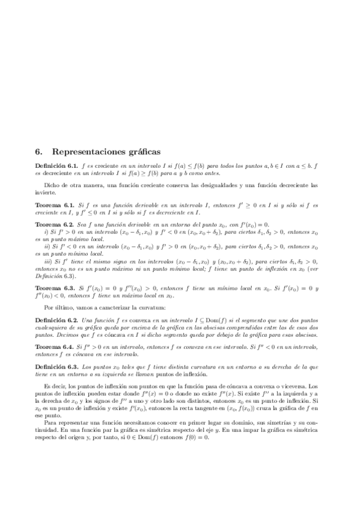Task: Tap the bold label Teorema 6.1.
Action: click(54, 205)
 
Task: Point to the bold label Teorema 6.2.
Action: click(54, 224)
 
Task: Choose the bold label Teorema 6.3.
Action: click(54, 289)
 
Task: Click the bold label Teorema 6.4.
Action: click(54, 347)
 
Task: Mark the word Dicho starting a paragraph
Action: click(52, 185)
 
